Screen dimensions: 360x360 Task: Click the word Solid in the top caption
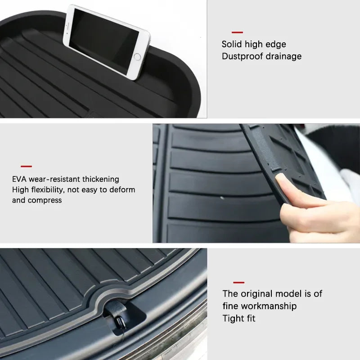[231, 44]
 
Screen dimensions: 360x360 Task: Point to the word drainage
[283, 56]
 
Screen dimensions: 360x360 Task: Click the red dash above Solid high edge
[237, 32]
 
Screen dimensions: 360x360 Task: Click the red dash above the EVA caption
[26, 166]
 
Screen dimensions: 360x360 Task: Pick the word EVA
[19, 179]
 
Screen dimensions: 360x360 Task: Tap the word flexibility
[48, 189]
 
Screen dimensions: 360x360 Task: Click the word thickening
[100, 179]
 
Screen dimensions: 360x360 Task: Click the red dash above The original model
[238, 282]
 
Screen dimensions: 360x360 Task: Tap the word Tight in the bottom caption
[233, 318]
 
